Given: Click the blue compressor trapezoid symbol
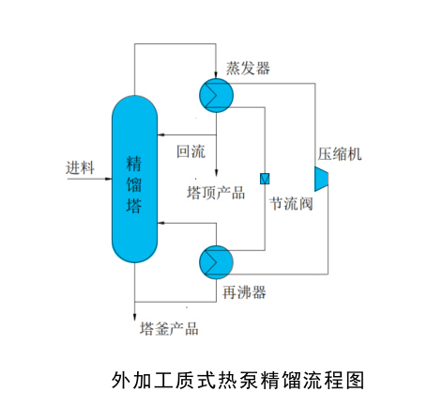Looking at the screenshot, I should click(322, 177).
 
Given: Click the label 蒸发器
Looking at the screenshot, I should click(248, 68).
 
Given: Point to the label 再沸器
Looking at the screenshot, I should click(246, 292).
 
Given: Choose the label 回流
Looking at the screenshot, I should click(191, 150).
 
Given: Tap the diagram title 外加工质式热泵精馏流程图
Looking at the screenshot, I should click(236, 380).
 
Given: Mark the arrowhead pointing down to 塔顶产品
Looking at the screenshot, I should click(217, 178).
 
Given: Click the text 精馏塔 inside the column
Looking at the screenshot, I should click(134, 185).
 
